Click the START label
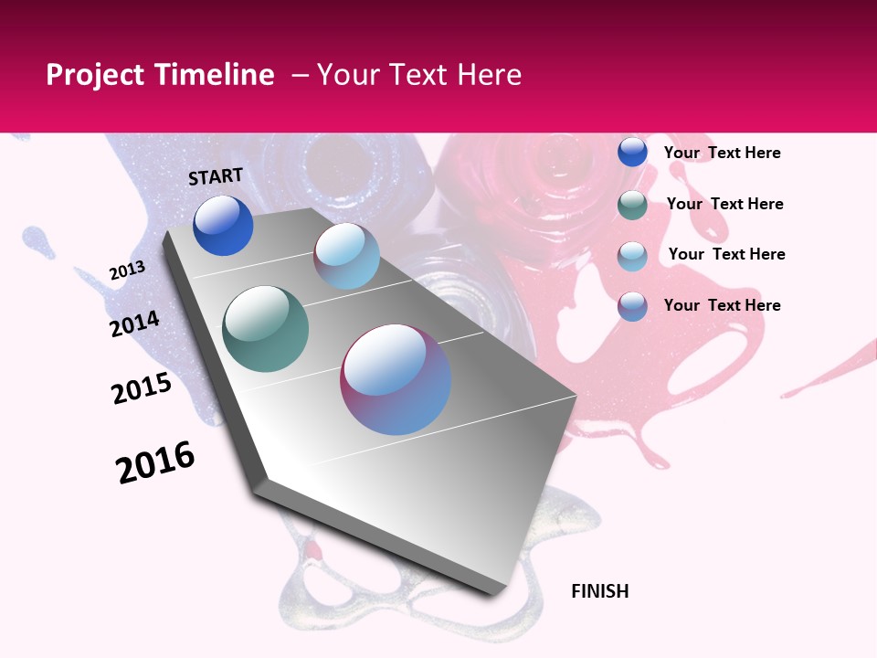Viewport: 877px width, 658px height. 216,176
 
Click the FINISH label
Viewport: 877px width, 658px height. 599,591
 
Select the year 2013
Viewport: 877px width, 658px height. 128,270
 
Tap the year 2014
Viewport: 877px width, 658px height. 134,324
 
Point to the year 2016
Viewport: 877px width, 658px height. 155,462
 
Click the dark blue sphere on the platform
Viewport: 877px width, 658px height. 223,226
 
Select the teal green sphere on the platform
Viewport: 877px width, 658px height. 266,329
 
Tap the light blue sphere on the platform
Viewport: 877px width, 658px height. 346,256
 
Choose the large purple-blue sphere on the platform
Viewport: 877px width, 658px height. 396,379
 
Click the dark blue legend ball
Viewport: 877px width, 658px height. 632,153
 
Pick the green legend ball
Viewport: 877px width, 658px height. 632,205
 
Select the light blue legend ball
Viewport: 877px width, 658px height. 632,256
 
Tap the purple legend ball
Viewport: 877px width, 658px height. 632,306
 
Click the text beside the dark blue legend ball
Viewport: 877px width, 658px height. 722,153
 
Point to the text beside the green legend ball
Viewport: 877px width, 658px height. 724,204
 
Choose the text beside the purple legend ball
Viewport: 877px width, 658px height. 722,305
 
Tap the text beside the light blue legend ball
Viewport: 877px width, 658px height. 726,254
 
